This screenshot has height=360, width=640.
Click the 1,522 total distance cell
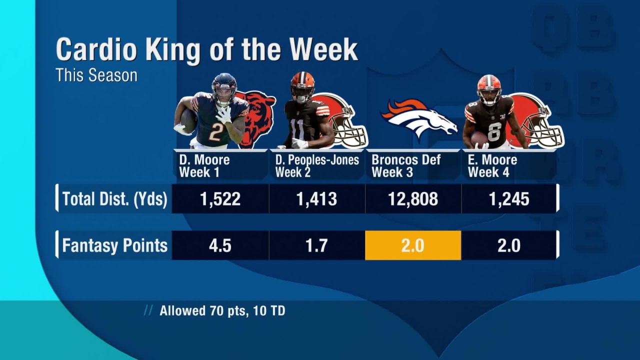tap(220, 199)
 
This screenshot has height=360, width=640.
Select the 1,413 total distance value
tap(316, 199)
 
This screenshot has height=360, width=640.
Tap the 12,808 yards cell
tap(413, 199)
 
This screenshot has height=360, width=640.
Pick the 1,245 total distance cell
tap(508, 199)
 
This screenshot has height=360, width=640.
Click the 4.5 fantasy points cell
tap(220, 245)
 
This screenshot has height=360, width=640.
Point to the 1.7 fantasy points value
tap(316, 245)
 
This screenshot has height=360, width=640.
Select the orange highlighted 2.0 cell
tap(413, 245)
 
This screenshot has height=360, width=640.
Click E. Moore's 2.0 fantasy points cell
tap(508, 245)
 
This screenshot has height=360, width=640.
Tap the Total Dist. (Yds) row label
tap(114, 199)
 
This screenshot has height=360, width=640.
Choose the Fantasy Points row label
tap(114, 245)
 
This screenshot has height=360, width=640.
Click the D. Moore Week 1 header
tap(204, 166)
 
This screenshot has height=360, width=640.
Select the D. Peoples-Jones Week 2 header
tap(317, 166)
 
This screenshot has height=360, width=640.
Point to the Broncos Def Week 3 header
tap(406, 166)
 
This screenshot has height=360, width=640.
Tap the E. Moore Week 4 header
tap(492, 166)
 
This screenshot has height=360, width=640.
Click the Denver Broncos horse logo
tap(418, 118)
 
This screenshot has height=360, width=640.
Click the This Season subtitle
tap(96, 75)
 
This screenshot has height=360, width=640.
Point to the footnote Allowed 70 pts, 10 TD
tap(222, 310)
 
